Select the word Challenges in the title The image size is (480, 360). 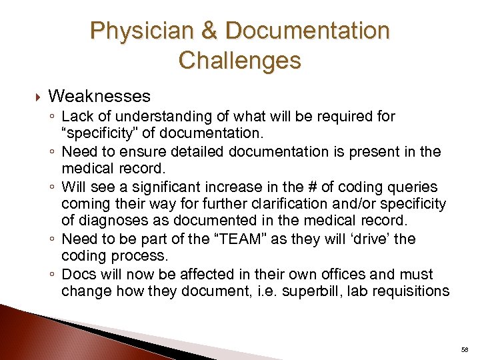coord(240,61)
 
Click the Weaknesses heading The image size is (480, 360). coord(99,97)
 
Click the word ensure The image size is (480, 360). coord(135,152)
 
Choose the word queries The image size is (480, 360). coord(413,187)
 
